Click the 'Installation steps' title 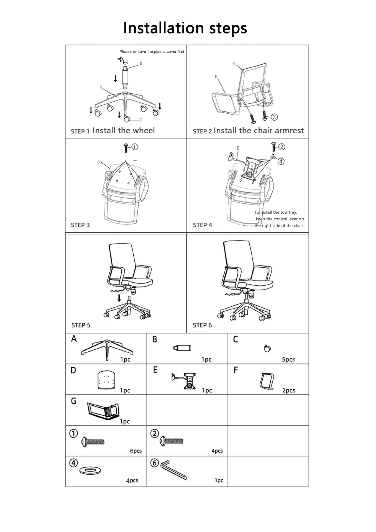click(x=185, y=28)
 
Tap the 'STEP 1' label click(x=80, y=131)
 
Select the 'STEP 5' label click(x=81, y=325)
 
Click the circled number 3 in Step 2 click(x=274, y=117)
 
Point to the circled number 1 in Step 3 click(x=134, y=147)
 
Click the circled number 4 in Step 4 click(x=281, y=161)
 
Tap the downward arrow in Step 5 click(x=119, y=298)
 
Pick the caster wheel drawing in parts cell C click(x=267, y=349)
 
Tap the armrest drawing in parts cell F click(x=267, y=381)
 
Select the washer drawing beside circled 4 click(x=90, y=470)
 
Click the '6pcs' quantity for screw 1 click(x=136, y=451)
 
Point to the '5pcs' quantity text click(x=288, y=359)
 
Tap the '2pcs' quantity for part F click(x=288, y=390)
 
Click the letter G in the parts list click(x=74, y=401)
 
